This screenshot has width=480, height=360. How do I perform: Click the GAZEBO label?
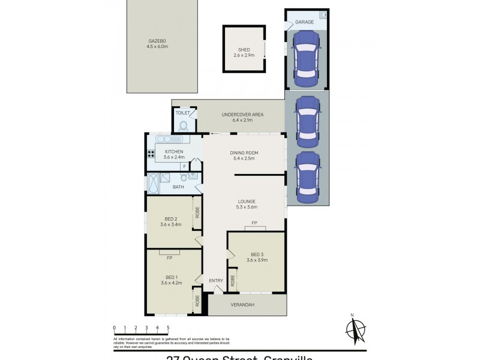point(158,41)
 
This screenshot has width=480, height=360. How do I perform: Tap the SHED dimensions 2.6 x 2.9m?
point(244,56)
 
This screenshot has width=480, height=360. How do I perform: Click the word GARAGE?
point(304,22)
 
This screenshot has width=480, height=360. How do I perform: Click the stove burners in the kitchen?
point(151,152)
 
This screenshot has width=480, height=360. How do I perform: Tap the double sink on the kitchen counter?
point(172,139)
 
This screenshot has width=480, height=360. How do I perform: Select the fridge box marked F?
point(184,166)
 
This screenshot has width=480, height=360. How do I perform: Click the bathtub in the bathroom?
point(154,183)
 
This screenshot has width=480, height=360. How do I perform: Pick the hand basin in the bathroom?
point(193,176)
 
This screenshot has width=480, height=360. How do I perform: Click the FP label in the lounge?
point(254,223)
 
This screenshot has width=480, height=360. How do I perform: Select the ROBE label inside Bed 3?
point(233,280)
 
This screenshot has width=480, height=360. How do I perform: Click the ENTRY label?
point(215,280)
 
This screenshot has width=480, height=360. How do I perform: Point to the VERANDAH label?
point(243,305)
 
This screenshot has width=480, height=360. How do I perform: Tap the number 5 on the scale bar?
point(168,328)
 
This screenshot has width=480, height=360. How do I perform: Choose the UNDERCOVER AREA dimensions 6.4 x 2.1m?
point(242,120)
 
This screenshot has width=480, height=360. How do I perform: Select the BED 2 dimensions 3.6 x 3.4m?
point(172,224)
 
